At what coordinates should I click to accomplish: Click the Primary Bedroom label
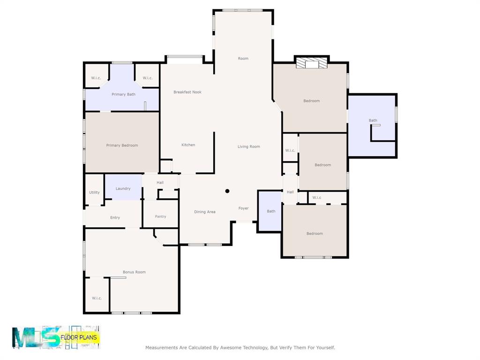pyautogui.click(x=122, y=145)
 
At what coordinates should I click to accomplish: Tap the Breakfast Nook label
pyautogui.click(x=187, y=92)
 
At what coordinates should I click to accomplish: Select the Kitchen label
pyautogui.click(x=188, y=145)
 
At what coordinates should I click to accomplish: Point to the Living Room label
pyautogui.click(x=248, y=147)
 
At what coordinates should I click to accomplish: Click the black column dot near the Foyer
pyautogui.click(x=227, y=191)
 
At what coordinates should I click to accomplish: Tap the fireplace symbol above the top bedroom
pyautogui.click(x=311, y=64)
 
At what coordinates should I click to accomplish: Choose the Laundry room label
pyautogui.click(x=123, y=188)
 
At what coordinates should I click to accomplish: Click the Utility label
pyautogui.click(x=94, y=193)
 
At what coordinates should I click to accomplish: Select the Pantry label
pyautogui.click(x=160, y=217)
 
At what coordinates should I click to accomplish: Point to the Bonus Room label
pyautogui.click(x=134, y=272)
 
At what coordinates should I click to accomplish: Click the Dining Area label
pyautogui.click(x=205, y=212)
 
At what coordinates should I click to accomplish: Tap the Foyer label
pyautogui.click(x=243, y=208)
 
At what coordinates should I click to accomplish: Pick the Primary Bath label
pyautogui.click(x=123, y=95)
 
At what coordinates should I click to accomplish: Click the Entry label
pyautogui.click(x=115, y=217)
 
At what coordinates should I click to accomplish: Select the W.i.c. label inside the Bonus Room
pyautogui.click(x=97, y=298)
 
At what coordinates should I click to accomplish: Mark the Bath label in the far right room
pyautogui.click(x=373, y=120)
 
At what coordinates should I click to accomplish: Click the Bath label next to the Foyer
pyautogui.click(x=271, y=211)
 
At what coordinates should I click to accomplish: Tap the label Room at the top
pyautogui.click(x=243, y=59)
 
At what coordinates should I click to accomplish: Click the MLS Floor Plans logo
pyautogui.click(x=56, y=337)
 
